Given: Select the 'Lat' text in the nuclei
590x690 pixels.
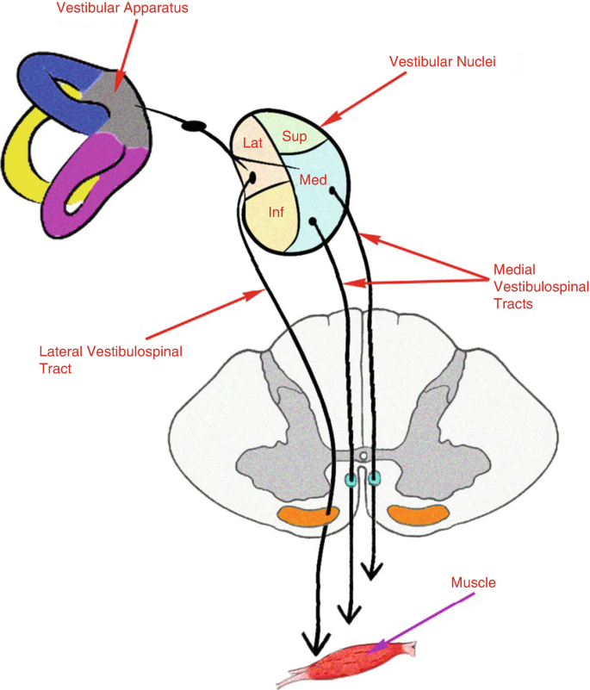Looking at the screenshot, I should click(252, 143).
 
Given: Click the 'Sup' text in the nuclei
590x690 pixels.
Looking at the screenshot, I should click(295, 137).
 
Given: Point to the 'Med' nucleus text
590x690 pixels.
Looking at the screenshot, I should click(313, 180).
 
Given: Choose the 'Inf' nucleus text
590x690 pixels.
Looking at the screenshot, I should click(276, 212).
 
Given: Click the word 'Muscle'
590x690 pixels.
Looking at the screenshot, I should click(474, 583).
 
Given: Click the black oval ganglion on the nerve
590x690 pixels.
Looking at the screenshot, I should click(194, 126).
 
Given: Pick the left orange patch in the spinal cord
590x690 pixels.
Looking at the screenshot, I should click(307, 516).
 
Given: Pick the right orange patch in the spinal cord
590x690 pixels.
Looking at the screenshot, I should click(417, 515).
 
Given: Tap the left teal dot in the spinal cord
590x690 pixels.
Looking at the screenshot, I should click(351, 478).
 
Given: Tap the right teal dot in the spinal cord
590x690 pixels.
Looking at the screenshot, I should click(374, 477).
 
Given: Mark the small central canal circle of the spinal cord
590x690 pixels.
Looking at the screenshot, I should click(364, 454).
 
